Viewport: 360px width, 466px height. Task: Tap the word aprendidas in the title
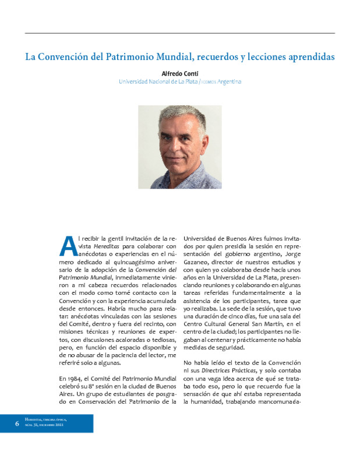[x=308, y=58]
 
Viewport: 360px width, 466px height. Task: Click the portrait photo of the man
[x=179, y=147]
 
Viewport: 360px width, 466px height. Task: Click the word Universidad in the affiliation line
[x=134, y=82]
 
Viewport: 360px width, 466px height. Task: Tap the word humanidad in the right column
[x=213, y=403]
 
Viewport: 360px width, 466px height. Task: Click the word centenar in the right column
[x=220, y=340]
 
